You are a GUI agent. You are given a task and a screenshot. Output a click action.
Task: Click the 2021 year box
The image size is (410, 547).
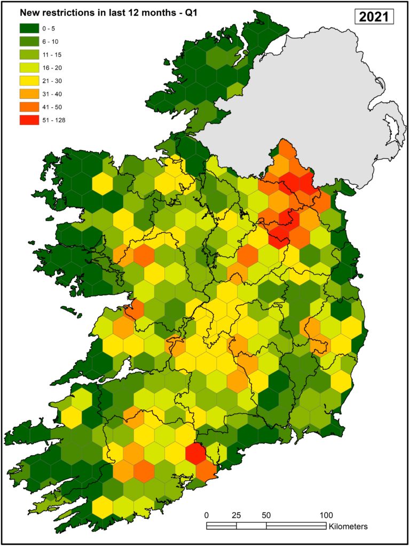tap(374, 17)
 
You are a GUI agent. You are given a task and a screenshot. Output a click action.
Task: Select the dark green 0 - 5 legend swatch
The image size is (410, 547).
tap(30, 28)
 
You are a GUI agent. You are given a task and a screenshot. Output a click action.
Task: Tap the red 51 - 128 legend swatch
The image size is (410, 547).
tap(30, 120)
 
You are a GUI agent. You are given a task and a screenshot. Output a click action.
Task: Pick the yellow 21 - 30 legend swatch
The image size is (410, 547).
tap(30, 80)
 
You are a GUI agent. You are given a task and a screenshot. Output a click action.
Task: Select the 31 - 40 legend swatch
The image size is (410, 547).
tap(30, 93)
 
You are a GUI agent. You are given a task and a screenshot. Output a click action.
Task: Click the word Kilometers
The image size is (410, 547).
tap(348, 526)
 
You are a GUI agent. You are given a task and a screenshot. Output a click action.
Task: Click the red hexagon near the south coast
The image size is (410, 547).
tap(195, 454)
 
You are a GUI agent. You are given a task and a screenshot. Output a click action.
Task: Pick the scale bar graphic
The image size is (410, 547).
tap(266, 526)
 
